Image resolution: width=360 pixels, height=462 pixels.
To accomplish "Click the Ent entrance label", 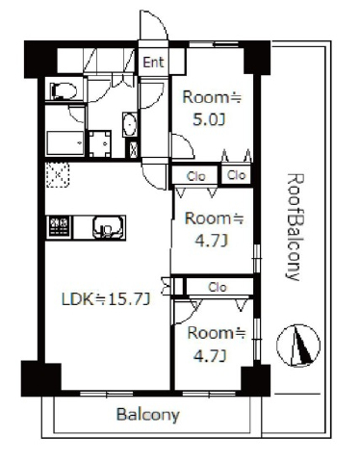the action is click(153, 63).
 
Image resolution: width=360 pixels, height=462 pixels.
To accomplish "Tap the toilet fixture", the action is click(64, 90).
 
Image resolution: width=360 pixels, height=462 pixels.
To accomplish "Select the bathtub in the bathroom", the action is click(65, 142).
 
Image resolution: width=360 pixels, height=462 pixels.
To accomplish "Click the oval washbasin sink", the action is click(130, 124).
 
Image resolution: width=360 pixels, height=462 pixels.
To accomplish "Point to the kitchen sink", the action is click(108, 227).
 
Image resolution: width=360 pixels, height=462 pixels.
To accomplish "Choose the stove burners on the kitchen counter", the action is click(60, 227).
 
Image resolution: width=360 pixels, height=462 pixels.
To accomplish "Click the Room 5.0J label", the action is click(212, 109).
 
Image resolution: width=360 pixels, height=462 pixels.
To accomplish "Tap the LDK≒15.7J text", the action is click(106, 299).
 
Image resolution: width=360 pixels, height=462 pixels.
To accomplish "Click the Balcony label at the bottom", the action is click(147, 415).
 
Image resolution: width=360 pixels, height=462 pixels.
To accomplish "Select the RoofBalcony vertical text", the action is click(294, 227).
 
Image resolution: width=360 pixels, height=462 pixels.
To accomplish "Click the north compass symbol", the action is click(298, 346).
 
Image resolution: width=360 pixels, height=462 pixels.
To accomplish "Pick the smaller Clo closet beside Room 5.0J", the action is click(237, 175).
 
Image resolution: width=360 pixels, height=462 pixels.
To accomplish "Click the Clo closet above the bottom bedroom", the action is click(219, 287).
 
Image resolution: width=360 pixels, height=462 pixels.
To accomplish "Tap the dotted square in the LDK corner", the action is click(58, 175).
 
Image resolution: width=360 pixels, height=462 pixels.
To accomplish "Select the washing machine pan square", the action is click(100, 143).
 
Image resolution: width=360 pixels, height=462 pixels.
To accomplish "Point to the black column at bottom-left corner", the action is click(41, 378).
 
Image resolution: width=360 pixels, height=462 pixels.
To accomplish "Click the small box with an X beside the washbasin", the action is click(134, 149).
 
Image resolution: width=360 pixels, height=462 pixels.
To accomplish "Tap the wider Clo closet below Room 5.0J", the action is click(195, 176).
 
